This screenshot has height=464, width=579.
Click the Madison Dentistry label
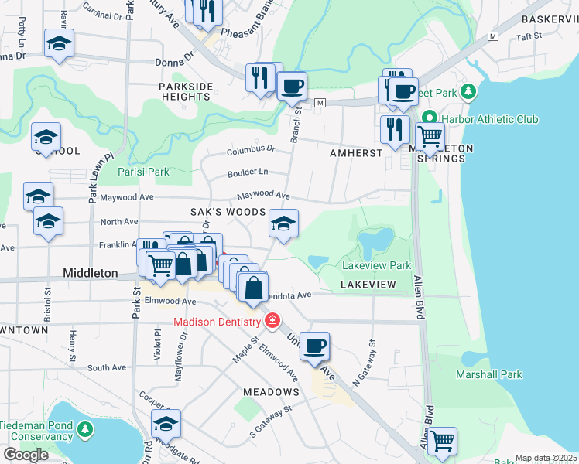click(217, 321)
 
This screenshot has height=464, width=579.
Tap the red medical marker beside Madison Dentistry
click(272, 320)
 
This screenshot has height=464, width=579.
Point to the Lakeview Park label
click(376, 265)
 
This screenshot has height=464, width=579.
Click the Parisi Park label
click(142, 171)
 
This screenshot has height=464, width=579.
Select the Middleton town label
click(90, 274)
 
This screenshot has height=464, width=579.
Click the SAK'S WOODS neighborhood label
click(228, 212)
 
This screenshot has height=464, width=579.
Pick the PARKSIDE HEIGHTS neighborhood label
click(185, 91)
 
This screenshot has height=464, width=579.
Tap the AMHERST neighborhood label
click(355, 153)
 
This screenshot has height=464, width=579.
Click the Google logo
click(26, 455)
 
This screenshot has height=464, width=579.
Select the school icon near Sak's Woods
click(283, 223)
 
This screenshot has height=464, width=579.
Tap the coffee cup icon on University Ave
click(313, 346)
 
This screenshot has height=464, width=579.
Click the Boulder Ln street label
click(248, 172)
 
